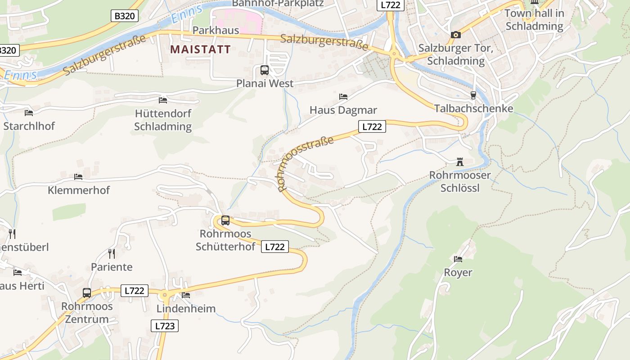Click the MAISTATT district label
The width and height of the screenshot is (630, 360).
pyautogui.click(x=200, y=49)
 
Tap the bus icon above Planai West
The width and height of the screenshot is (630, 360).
pyautogui.click(x=265, y=70)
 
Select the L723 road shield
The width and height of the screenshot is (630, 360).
pyautogui.click(x=164, y=326)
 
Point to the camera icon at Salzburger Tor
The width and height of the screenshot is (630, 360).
pyautogui.click(x=456, y=35)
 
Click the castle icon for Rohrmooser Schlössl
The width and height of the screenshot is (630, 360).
pyautogui.click(x=459, y=162)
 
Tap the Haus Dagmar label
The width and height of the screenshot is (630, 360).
pyautogui.click(x=343, y=110)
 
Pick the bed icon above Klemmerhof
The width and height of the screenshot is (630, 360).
pyautogui.click(x=78, y=177)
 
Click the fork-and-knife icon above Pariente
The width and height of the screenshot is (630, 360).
pyautogui.click(x=112, y=254)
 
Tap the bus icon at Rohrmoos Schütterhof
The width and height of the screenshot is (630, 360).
pyautogui.click(x=225, y=220)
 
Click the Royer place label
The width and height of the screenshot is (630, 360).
pyautogui.click(x=458, y=273)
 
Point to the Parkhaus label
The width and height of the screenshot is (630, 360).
pyautogui.click(x=216, y=30)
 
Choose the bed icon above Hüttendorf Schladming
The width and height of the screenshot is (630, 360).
pyautogui.click(x=163, y=100)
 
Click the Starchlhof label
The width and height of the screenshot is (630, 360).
pyautogui.click(x=29, y=126)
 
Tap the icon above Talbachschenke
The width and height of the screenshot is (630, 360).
pyautogui.click(x=473, y=95)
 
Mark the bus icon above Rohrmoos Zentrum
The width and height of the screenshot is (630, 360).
pyautogui.click(x=87, y=293)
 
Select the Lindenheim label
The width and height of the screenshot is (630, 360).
pyautogui.click(x=186, y=309)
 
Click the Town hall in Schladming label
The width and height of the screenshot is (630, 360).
pyautogui.click(x=534, y=20)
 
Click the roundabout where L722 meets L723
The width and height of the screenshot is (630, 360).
pyautogui.click(x=165, y=295)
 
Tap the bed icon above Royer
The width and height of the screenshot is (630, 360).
pyautogui.click(x=458, y=259)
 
